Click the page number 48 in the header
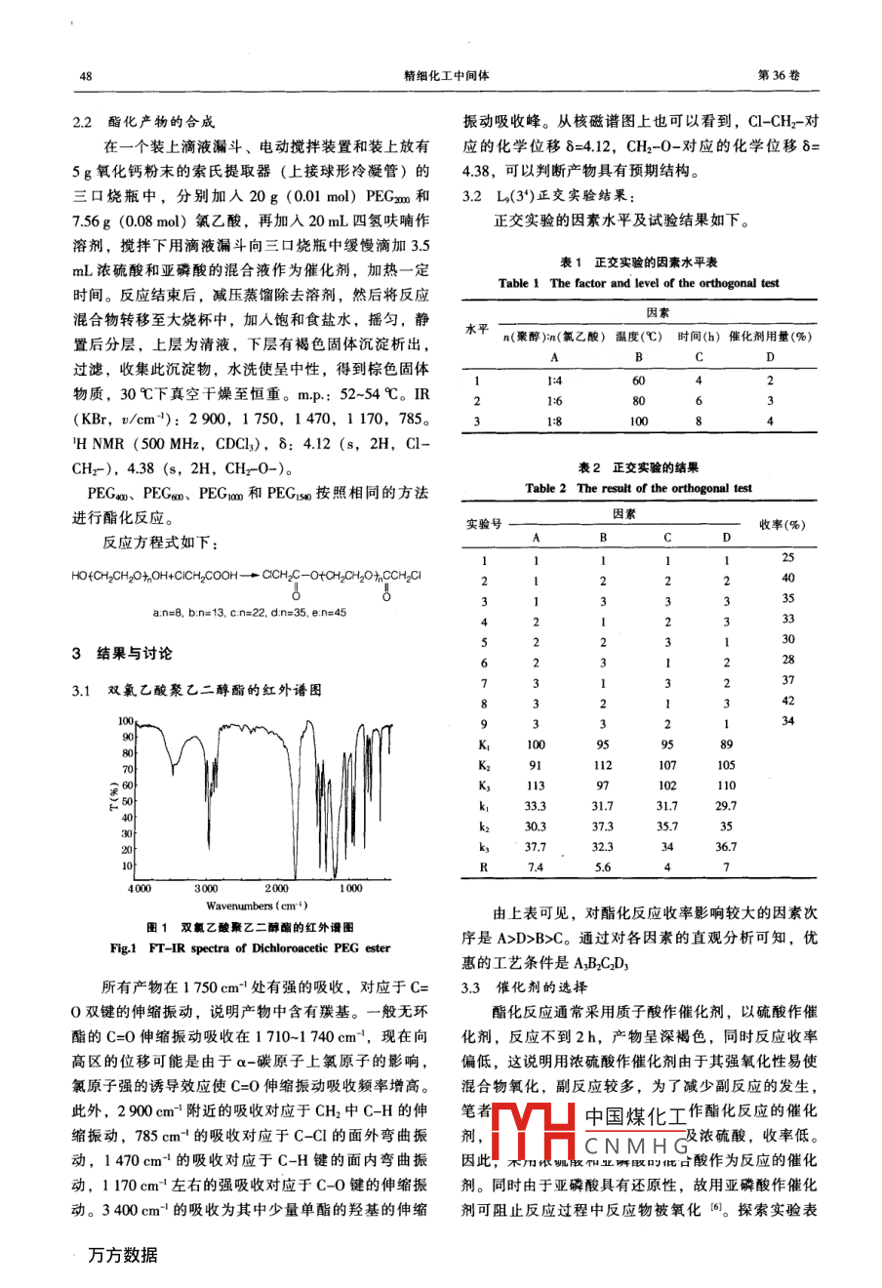click(x=86, y=76)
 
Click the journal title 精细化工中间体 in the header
click(x=445, y=75)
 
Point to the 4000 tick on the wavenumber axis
click(x=140, y=888)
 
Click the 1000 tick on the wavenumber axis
click(x=351, y=888)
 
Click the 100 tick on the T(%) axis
click(x=126, y=721)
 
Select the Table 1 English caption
click(x=639, y=283)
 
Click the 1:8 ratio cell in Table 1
click(x=554, y=422)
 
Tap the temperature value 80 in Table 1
click(x=639, y=401)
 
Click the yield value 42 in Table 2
click(x=787, y=701)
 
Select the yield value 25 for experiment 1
click(x=787, y=557)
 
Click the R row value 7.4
click(x=536, y=867)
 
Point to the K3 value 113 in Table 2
click(x=536, y=785)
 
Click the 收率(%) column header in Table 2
click(x=782, y=525)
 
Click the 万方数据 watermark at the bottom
click(x=123, y=1256)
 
